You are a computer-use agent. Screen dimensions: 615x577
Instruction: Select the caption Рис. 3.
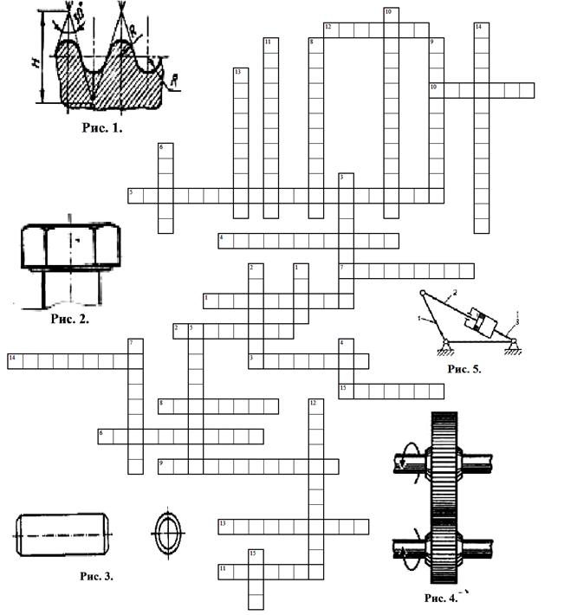[x=96, y=575]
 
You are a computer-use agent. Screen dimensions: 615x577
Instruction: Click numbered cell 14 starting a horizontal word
[x=13, y=359]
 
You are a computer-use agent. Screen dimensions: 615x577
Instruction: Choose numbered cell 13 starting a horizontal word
[x=224, y=525]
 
